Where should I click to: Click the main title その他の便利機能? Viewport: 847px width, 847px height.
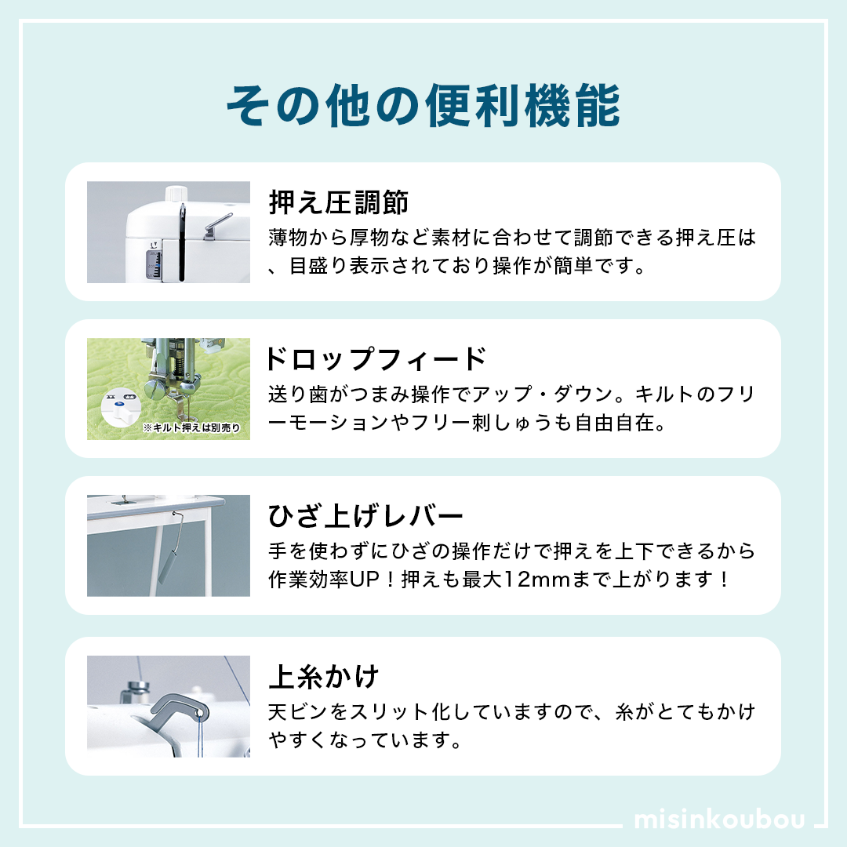pos(423,105)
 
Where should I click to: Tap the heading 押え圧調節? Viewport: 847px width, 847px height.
pos(339,202)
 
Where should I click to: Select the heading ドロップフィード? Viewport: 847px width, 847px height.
pos(376,358)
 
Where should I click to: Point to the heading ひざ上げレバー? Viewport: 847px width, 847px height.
pos(365,515)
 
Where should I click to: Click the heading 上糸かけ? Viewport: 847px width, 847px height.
pos(324,676)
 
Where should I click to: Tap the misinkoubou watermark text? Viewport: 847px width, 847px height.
pos(719,819)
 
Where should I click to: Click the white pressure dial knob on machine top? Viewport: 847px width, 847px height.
pos(176,194)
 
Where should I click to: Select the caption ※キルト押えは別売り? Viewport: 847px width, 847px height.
pos(191,428)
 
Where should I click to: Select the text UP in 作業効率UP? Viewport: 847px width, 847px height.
pos(365,579)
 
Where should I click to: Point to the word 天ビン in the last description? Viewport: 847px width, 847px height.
pos(298,711)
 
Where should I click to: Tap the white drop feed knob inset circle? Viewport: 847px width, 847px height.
pos(121,409)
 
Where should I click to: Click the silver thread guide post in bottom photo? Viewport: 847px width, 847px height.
pos(138,691)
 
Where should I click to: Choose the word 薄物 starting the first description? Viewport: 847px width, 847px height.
pos(288,237)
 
